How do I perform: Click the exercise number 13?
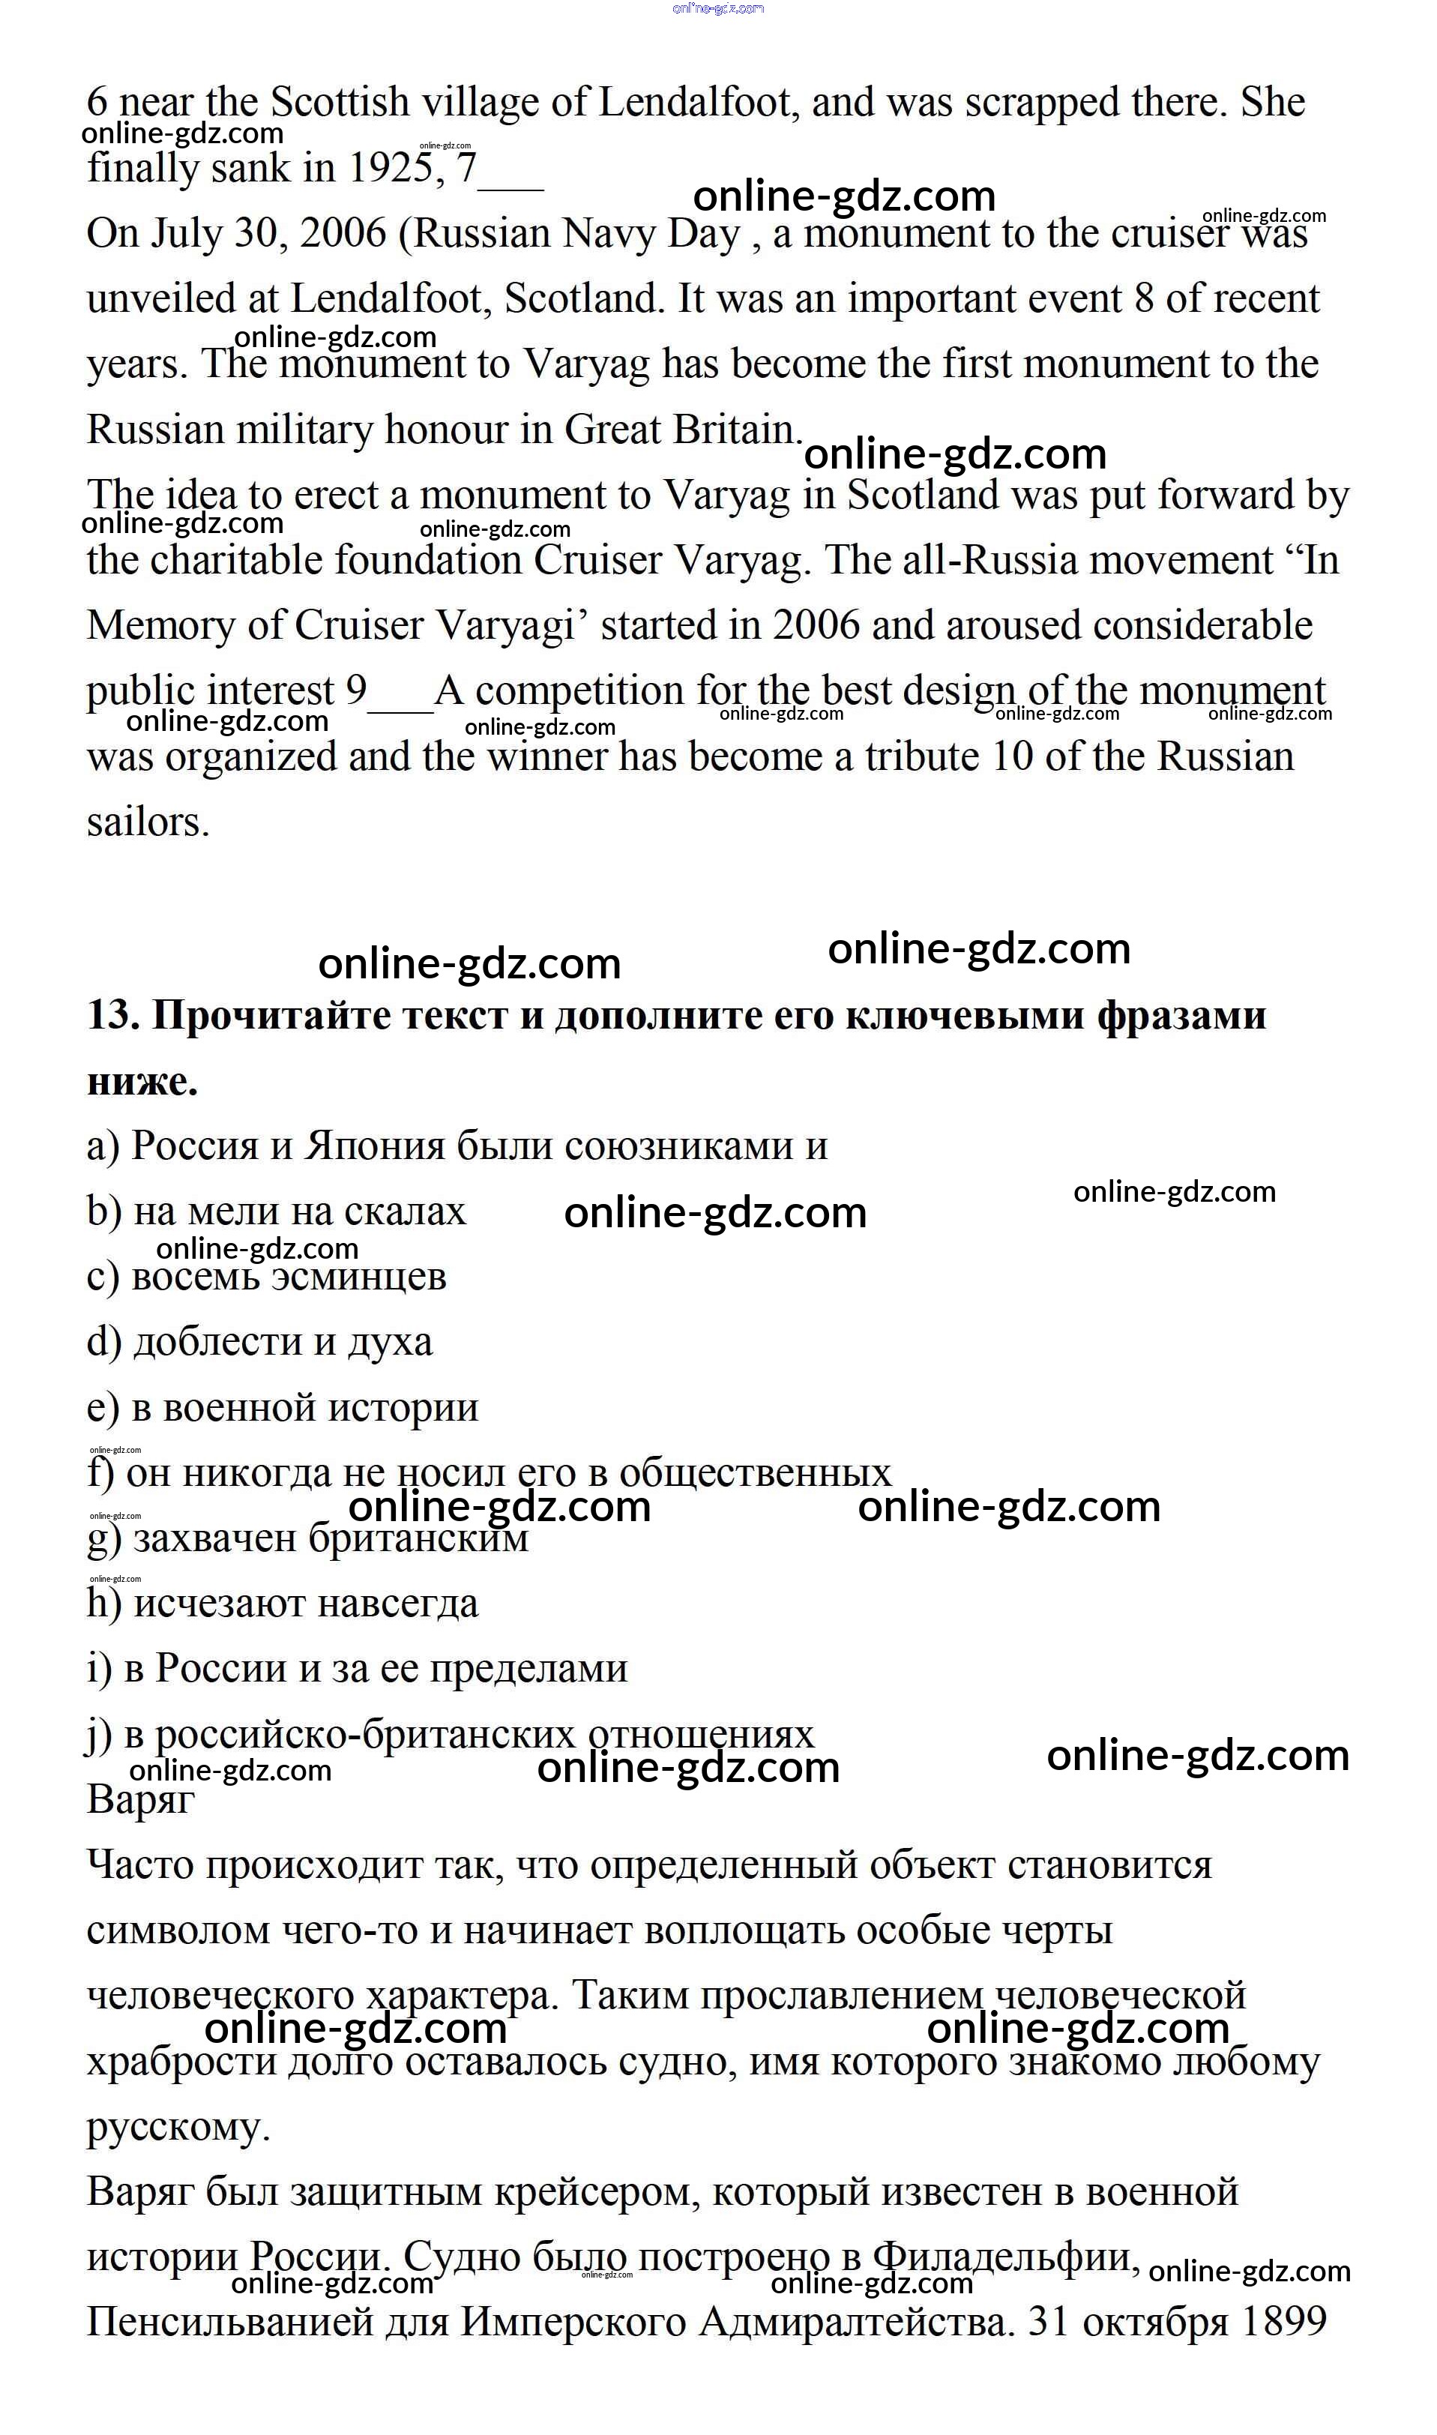(113, 1016)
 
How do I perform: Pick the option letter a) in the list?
(103, 1146)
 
